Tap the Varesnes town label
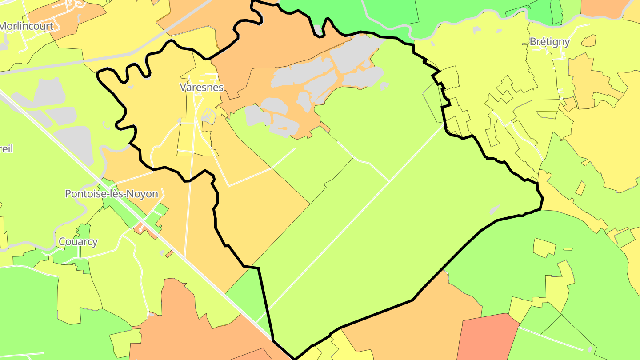201,87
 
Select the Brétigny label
549,42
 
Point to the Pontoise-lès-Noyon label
111,194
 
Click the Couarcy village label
78,242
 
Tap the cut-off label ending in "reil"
6,148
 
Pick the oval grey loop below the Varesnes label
208,116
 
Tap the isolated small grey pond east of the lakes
384,85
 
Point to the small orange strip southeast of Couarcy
169,254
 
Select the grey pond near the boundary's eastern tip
494,209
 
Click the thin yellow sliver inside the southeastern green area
568,249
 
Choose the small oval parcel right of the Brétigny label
588,41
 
